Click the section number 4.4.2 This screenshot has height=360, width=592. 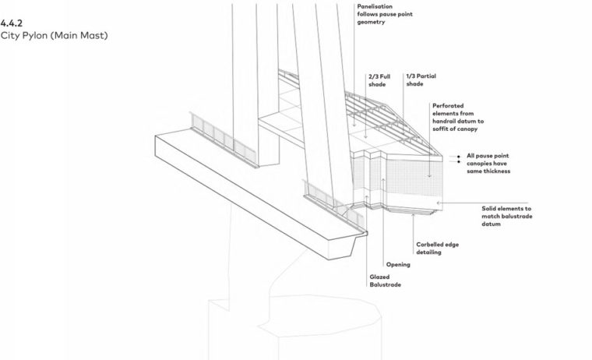12,23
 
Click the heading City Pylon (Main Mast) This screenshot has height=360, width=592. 54,36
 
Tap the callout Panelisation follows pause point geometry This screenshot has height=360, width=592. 385,14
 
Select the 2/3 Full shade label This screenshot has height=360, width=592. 379,80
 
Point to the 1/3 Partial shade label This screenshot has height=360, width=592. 421,80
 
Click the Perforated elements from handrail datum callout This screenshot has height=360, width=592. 458,117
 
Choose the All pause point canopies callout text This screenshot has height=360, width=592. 488,163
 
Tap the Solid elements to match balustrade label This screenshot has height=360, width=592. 507,216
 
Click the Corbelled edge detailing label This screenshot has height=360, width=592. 438,249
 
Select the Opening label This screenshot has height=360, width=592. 398,264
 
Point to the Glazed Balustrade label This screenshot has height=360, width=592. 385,281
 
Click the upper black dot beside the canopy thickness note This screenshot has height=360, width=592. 459,157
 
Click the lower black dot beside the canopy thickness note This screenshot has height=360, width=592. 459,161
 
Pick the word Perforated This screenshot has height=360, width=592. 448,106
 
